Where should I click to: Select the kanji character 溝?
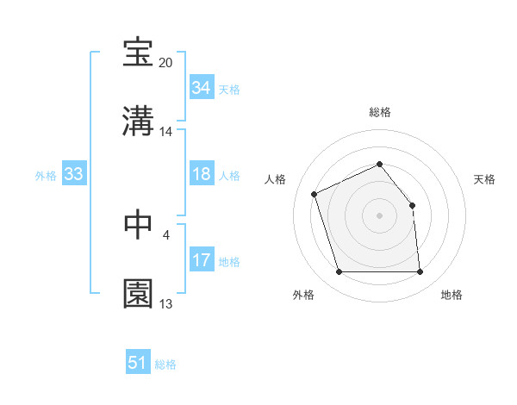tap(139, 121)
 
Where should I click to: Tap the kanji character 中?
tap(139, 224)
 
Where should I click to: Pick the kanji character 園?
tap(139, 293)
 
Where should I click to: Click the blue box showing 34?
tap(201, 88)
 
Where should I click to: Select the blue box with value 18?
tap(201, 174)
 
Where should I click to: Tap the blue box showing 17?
tap(201, 260)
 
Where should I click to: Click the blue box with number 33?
tap(73, 174)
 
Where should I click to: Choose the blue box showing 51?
tap(138, 363)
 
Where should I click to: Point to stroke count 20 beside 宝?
tap(166, 63)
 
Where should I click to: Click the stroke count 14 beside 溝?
tap(166, 132)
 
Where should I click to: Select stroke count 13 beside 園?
tap(166, 304)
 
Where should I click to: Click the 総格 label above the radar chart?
tap(379, 112)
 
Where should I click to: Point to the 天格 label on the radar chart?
tap(485, 179)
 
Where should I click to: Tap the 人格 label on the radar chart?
tap(276, 179)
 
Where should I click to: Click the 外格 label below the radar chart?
tap(303, 295)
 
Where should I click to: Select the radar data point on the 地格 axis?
tap(420, 272)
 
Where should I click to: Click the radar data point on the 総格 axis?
tap(379, 164)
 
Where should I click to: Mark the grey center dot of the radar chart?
tap(379, 215)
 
